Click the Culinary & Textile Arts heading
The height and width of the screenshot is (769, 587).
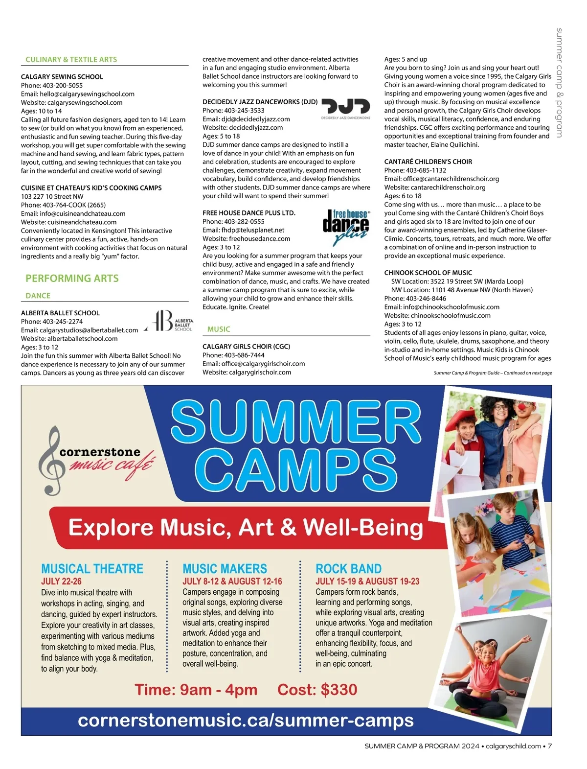pyautogui.click(x=71, y=60)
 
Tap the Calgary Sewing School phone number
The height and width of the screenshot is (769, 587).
pyautogui.click(x=52, y=85)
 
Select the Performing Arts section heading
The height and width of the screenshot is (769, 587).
pyautogui.click(x=72, y=279)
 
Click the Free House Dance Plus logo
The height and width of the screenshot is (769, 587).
pyautogui.click(x=346, y=227)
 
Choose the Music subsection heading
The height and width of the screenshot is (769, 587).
pyautogui.click(x=219, y=329)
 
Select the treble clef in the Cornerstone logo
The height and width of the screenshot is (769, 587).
pyautogui.click(x=51, y=461)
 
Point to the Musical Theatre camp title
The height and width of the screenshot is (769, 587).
pyautogui.click(x=92, y=569)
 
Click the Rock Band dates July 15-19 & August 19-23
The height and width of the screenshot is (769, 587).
pyautogui.click(x=367, y=582)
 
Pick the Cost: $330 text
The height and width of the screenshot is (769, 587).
pyautogui.click(x=317, y=690)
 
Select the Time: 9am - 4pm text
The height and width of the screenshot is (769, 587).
pyautogui.click(x=196, y=690)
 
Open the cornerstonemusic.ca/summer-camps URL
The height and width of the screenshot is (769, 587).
pyautogui.click(x=246, y=721)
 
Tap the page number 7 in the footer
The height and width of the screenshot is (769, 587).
pyautogui.click(x=550, y=746)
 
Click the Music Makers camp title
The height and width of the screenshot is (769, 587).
pyautogui.click(x=225, y=569)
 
